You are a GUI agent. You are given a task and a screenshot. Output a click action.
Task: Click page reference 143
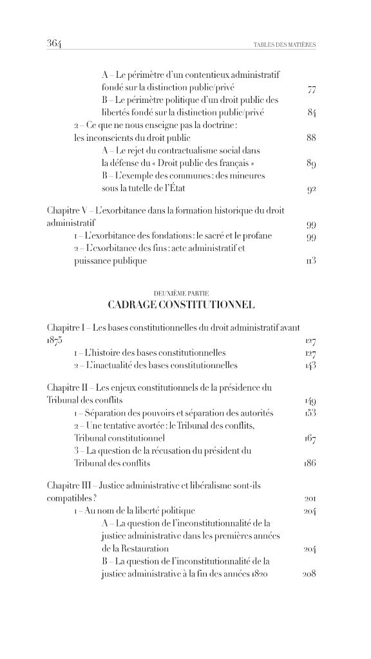point(309,366)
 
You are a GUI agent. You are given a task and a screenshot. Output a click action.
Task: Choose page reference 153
point(309,413)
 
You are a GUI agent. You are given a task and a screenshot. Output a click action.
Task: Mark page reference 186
point(309,463)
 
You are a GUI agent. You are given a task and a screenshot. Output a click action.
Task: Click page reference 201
point(309,499)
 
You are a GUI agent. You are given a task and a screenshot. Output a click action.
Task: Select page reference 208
point(309,574)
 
